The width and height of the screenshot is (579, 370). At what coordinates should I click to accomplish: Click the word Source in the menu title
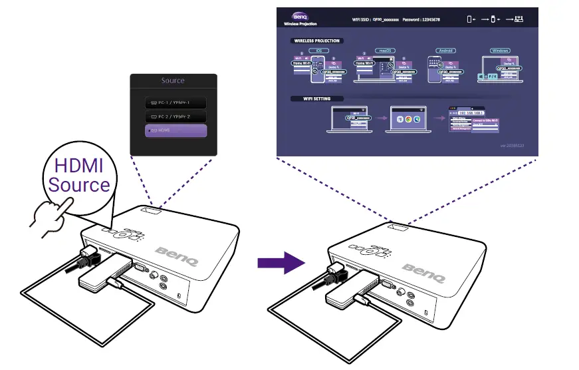pos(173,81)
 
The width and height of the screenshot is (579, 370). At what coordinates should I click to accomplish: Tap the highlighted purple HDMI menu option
pos(176,130)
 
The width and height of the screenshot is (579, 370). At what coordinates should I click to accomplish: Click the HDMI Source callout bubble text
pos(78,175)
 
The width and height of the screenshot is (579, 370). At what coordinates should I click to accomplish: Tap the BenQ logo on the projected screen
pos(299,17)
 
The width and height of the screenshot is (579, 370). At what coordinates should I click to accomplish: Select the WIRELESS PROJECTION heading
pos(316,41)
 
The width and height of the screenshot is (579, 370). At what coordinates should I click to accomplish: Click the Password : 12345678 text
pos(421,20)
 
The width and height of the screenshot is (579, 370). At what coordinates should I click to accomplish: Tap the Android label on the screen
pos(443,50)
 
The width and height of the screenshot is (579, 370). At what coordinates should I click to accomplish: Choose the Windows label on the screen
pos(499,50)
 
